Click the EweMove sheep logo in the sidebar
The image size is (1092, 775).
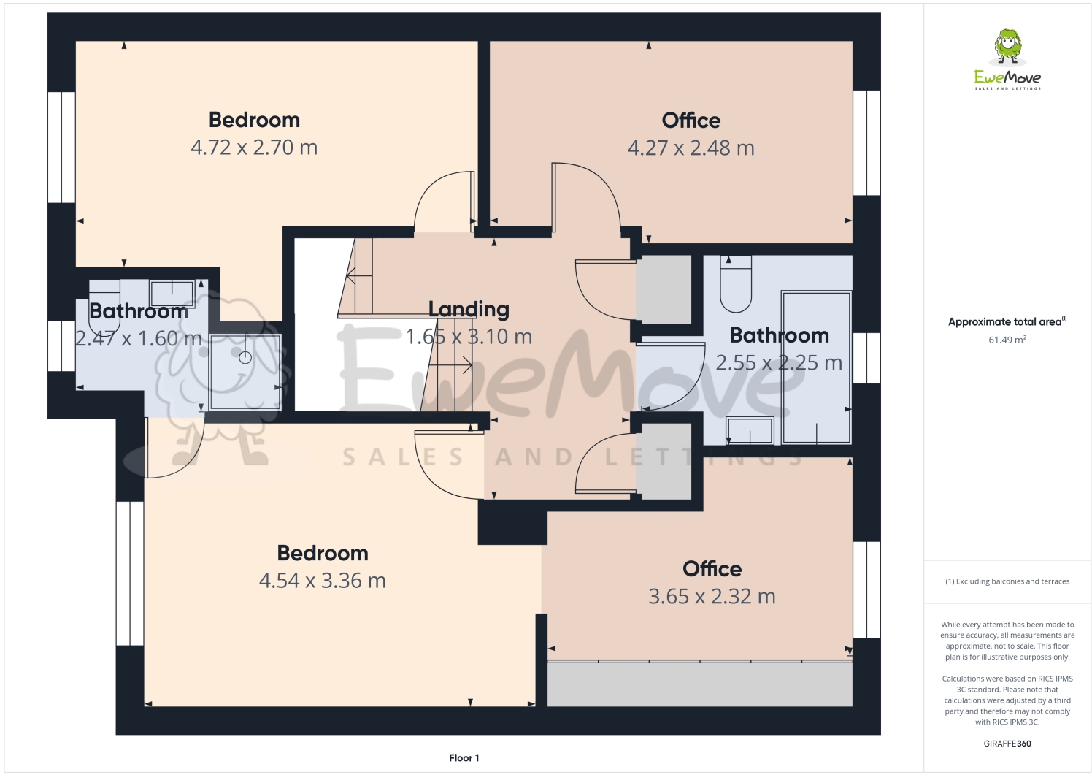click(1008, 47)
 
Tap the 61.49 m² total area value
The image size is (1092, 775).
click(1007, 340)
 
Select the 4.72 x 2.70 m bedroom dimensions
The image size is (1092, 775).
click(254, 148)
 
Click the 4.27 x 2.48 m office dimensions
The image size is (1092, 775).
click(691, 148)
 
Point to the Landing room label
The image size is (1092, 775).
click(469, 309)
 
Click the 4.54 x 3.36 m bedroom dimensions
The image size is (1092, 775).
click(322, 581)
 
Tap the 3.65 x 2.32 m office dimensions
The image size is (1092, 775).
click(712, 597)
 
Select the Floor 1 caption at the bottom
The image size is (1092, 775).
click(464, 758)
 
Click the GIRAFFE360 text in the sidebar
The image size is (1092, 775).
click(1007, 744)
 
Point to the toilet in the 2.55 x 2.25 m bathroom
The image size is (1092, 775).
click(735, 285)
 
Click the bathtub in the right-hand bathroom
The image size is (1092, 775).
click(815, 367)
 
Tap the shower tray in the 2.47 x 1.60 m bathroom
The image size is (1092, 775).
click(245, 371)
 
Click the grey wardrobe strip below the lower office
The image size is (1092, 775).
click(699, 684)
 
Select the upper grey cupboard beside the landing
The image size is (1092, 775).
click(664, 289)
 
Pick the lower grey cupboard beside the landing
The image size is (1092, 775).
click(664, 462)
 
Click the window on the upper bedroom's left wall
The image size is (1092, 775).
click(62, 147)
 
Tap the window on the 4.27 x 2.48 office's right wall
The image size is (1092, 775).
click(866, 142)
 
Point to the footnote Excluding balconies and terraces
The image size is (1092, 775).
click(1007, 581)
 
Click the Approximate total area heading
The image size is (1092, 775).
click(1006, 321)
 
